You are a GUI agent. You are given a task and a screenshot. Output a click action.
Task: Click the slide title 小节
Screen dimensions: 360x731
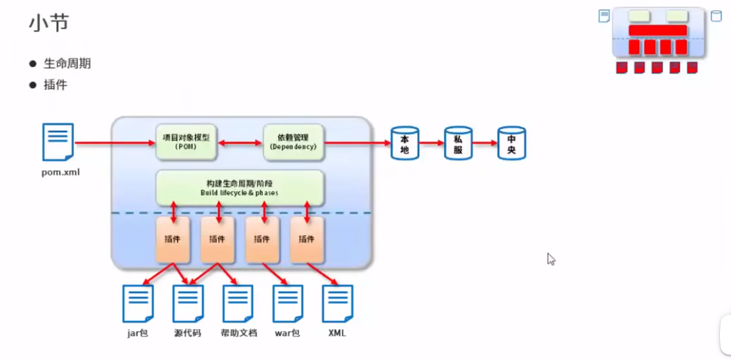49,24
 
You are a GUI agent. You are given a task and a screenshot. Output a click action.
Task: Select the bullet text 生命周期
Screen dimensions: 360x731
66,63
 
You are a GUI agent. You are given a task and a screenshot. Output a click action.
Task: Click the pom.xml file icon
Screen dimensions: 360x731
58,142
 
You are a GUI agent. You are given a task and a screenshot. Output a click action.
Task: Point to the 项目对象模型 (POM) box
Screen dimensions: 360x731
187,142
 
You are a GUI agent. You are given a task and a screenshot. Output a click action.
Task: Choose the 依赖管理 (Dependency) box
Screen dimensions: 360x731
293,142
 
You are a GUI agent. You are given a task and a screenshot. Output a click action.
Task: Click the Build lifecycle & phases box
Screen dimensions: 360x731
240,187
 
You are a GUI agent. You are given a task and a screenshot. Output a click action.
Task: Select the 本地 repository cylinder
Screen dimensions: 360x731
404,143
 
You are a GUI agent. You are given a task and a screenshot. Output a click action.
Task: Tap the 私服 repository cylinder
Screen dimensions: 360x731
457,143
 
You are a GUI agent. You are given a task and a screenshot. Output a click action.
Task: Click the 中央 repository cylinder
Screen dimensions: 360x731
511,143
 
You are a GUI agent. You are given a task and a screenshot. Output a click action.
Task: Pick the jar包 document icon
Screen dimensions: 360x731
138,303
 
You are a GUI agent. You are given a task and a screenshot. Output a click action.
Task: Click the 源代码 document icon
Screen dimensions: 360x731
188,303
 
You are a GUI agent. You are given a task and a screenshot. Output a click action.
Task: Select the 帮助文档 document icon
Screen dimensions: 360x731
238,303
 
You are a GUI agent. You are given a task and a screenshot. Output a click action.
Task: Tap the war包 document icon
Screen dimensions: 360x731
288,303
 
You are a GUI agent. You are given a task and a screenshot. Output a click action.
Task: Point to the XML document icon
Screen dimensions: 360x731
337,303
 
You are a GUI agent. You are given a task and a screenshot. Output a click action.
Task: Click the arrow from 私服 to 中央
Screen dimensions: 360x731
485,143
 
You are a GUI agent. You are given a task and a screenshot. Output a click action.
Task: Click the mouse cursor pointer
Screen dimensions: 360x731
550,258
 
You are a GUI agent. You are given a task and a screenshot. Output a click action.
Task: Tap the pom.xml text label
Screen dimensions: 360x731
60,173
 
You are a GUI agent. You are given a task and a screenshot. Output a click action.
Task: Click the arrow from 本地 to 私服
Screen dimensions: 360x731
431,143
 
